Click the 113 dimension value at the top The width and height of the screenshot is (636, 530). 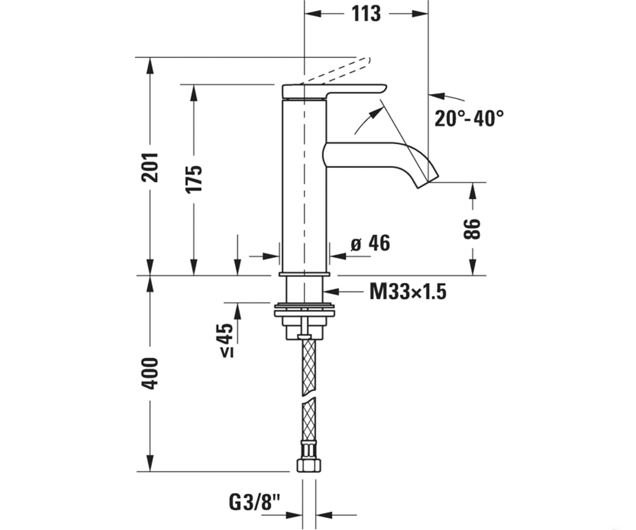[x=366, y=14]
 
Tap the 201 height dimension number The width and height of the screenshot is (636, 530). [x=150, y=167]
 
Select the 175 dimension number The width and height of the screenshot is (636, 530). [x=194, y=179]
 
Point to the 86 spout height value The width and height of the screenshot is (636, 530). [x=472, y=229]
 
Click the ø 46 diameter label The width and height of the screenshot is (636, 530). [x=370, y=243]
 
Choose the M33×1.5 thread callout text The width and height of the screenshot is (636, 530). [x=408, y=291]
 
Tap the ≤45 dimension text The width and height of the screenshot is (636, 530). [x=227, y=340]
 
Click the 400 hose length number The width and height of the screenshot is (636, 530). [x=150, y=373]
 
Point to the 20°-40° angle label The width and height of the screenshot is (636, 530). [x=469, y=118]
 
